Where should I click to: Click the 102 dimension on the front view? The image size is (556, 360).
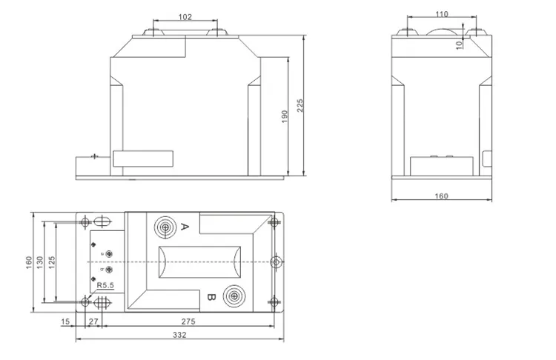point(186,16)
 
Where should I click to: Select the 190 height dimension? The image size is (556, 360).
point(284,116)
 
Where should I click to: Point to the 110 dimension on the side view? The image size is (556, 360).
point(442,13)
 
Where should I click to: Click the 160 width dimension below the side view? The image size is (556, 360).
point(441,196)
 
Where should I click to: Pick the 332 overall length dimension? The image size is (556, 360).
point(179,335)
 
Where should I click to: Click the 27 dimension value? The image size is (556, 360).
point(93,321)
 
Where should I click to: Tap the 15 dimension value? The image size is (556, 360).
point(65,321)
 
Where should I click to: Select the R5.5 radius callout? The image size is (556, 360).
point(105,285)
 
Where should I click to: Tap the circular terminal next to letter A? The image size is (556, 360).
point(165,227)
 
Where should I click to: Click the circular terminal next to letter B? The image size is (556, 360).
point(235,296)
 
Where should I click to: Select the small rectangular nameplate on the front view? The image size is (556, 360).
point(142,159)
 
